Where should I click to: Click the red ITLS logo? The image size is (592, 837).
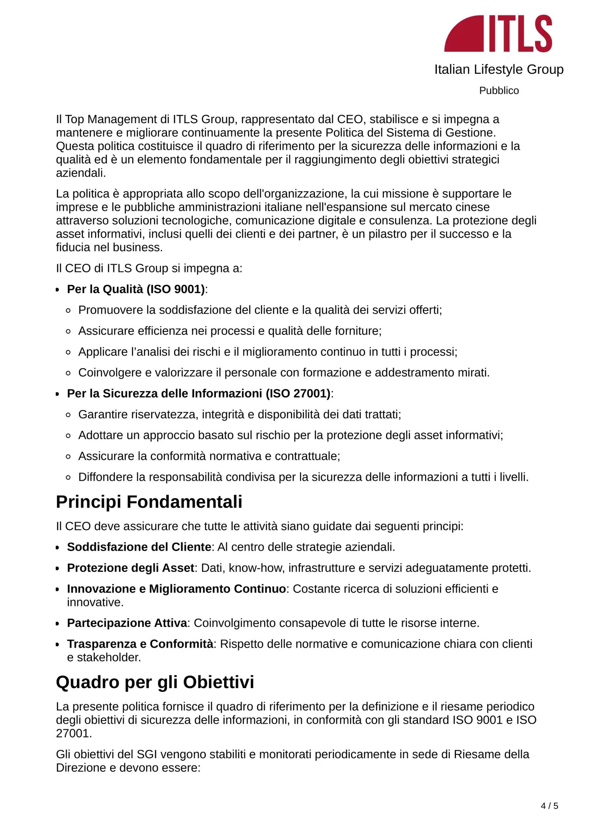[x=498, y=34]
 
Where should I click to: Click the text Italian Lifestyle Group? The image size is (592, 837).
[x=498, y=70]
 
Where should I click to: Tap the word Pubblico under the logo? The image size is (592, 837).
[x=498, y=91]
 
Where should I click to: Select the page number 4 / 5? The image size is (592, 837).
[x=549, y=806]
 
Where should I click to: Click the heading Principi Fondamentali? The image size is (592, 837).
[x=149, y=502]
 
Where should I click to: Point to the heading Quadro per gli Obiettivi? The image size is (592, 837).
[x=155, y=682]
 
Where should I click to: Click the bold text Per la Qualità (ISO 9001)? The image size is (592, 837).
[x=136, y=289]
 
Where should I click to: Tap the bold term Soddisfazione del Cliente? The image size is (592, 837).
[x=139, y=547]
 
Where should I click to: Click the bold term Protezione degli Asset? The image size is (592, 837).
[x=130, y=568]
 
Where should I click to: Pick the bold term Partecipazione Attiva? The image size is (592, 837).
[x=127, y=623]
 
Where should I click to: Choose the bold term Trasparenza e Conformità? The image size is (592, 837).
[x=140, y=644]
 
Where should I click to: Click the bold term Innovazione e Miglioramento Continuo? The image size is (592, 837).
[x=176, y=589]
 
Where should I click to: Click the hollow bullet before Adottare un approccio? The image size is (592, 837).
[x=68, y=436]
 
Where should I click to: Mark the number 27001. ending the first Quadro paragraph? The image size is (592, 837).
[x=74, y=734]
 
